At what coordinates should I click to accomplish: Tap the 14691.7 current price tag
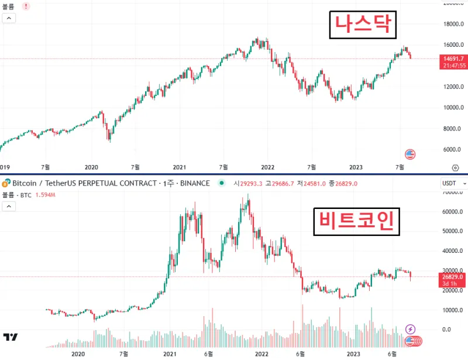point(454,59)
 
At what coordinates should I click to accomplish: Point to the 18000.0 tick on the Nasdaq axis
point(454,25)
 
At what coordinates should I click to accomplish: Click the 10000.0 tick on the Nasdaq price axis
point(454,108)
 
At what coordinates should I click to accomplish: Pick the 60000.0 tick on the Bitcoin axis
point(454,211)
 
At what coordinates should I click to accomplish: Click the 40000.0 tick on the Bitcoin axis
point(454,251)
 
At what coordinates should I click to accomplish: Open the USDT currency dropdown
point(453,183)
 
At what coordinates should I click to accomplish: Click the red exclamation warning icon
point(26,6)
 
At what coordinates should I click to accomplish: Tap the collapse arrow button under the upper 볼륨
point(9,18)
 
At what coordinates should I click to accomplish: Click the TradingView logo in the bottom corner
point(10,337)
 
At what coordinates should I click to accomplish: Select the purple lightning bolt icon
point(411,330)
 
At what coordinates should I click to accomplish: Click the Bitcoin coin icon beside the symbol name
point(6,183)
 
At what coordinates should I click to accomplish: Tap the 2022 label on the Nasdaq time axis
point(267,166)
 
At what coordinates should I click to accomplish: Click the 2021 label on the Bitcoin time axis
point(170,354)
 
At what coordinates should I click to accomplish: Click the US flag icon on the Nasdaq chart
point(410,155)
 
